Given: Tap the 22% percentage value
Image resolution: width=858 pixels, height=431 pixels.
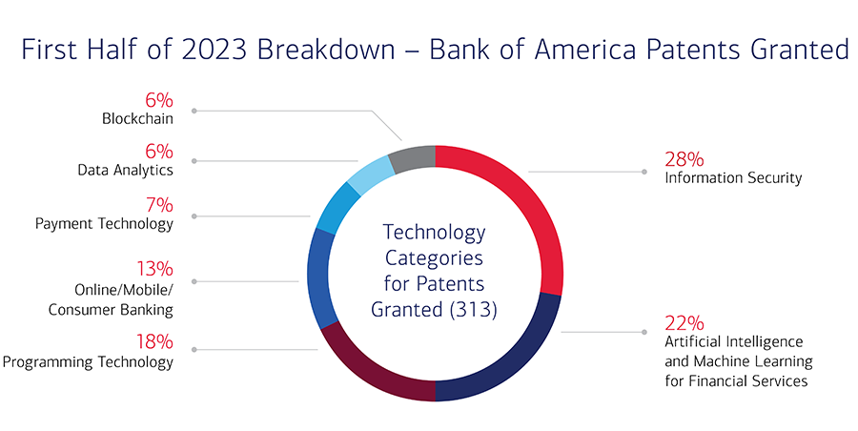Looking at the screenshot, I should [684, 321].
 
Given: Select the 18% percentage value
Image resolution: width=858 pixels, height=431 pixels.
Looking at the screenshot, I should [153, 341].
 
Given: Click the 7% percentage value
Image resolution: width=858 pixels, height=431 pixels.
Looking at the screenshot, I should [158, 204].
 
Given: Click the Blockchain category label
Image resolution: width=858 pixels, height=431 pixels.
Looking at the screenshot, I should [137, 119].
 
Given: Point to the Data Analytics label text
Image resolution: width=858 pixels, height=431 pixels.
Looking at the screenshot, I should [125, 170].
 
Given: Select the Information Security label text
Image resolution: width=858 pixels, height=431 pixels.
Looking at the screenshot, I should [733, 177].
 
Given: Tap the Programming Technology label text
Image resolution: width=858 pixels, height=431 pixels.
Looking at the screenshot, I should [89, 361].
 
